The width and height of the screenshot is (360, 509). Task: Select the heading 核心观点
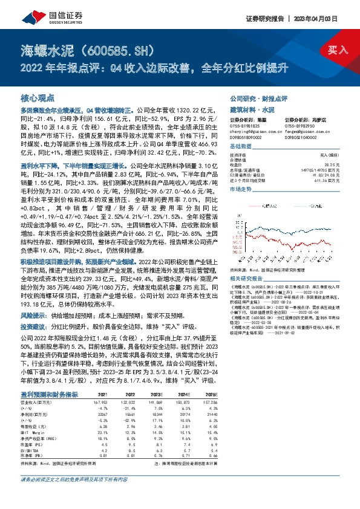[38, 97]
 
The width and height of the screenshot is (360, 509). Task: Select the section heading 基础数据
[242, 148]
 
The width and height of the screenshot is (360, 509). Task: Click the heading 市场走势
[242, 189]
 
